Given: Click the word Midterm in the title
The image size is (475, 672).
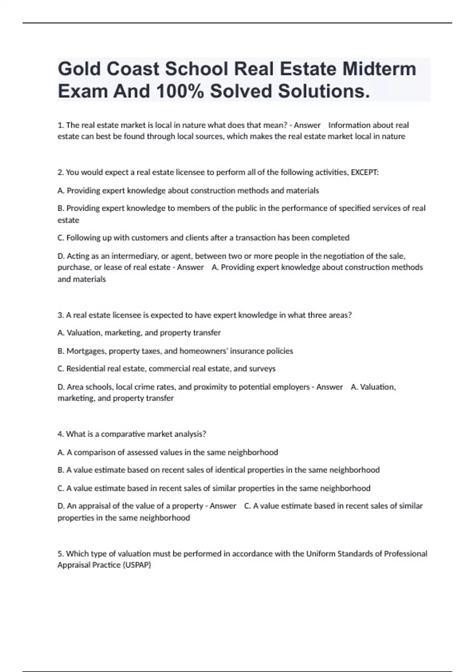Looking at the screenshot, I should pos(379,69).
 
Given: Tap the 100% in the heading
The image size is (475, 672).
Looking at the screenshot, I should pos(180,91).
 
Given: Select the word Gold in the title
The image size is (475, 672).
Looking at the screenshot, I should pos(79,69).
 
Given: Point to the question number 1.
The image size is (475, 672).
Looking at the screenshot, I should pos(61,125).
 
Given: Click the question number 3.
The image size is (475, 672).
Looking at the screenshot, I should pos(61,315).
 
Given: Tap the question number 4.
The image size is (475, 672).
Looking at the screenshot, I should pos(61,434).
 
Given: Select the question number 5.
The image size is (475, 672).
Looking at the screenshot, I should pos(61,553).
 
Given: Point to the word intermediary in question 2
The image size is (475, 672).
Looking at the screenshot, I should pos(131,256).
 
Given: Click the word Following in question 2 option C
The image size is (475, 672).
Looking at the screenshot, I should pos(84,238).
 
